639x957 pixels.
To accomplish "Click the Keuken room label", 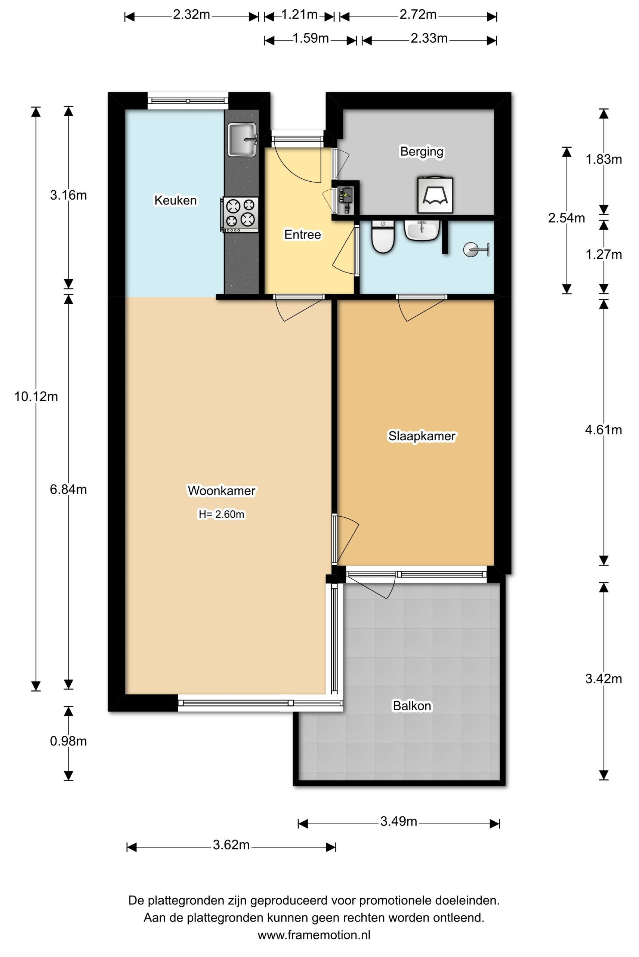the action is (175, 200).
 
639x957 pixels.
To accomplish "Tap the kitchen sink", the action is (243, 139).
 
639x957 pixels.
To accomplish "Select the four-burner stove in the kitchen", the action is (240, 214).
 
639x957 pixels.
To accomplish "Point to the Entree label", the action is (302, 234).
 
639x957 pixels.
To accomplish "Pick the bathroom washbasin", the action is (422, 230).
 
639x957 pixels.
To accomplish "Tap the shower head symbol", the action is (476, 249).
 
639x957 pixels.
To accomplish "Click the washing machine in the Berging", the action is (435, 194).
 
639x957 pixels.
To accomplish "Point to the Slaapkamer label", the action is (422, 436).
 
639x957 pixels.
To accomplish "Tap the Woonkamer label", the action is (221, 490).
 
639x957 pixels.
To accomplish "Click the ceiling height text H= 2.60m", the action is (221, 514).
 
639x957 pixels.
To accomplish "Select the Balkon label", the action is (411, 705).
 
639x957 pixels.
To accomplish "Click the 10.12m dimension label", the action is (36, 396).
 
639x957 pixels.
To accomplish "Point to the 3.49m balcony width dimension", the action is (399, 821).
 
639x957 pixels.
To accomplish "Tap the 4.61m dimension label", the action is (603, 430).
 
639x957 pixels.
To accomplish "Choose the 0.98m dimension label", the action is (68, 741).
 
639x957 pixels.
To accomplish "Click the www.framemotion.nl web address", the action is (314, 935).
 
